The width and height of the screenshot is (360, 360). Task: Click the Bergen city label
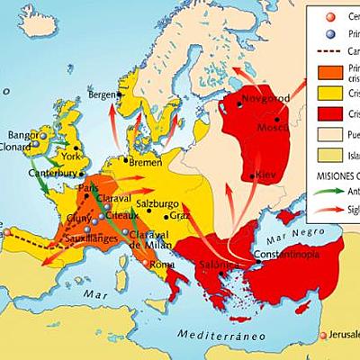coord(103,95)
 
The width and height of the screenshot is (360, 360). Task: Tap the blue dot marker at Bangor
coord(42,137)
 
